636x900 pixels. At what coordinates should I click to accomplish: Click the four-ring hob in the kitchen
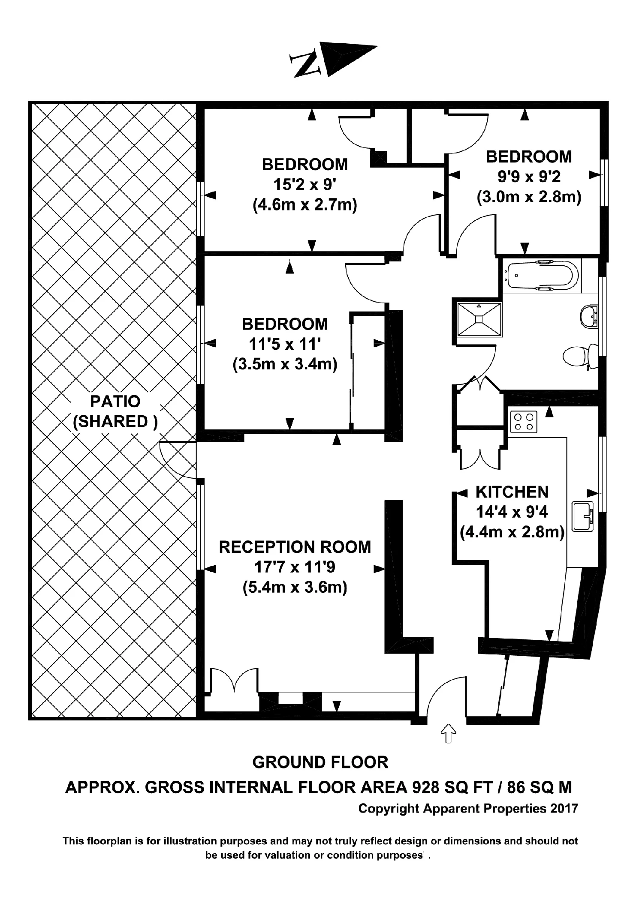point(523,421)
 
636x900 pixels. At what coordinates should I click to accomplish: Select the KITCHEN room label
point(512,492)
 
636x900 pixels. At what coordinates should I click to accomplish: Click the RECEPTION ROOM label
point(295,547)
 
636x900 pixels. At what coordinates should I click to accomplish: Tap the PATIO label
point(115,402)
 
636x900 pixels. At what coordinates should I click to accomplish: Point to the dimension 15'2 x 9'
point(305,185)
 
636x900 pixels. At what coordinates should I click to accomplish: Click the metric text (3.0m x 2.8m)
point(529,197)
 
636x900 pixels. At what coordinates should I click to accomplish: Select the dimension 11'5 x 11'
point(285,344)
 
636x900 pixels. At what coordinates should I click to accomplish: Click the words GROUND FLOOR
point(320,762)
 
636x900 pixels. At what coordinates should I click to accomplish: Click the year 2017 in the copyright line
point(564,809)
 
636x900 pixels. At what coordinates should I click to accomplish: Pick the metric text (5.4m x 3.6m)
point(295,587)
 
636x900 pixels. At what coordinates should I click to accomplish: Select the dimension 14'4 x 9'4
point(512,512)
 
